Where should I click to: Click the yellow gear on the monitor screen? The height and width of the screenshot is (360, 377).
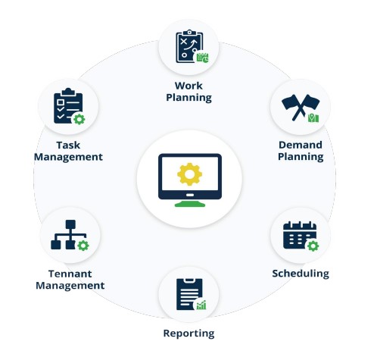pos(189,174)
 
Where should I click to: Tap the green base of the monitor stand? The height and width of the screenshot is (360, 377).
pos(190,204)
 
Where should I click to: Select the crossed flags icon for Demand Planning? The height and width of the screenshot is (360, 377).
pos(301,108)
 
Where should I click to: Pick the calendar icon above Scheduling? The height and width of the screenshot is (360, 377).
pos(300,235)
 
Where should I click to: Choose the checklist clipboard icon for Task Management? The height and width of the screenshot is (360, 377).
pos(68,106)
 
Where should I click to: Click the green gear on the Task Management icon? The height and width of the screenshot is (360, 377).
pos(79,119)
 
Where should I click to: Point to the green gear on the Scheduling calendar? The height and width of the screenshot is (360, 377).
pos(313,246)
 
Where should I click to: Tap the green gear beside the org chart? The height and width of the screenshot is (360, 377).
pos(83,246)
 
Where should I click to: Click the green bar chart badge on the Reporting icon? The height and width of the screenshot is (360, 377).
pos(201,305)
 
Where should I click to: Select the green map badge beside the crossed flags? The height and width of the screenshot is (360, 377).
pos(313,118)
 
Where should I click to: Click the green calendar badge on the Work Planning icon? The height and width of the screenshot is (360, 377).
pos(203,58)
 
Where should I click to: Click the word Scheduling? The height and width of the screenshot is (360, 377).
pos(301,274)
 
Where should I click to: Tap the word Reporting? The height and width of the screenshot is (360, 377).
pos(189,333)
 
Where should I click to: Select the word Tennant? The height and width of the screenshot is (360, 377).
pos(70,274)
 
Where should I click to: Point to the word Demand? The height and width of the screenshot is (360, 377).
pos(301,145)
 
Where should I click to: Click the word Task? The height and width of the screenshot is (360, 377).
pos(68,146)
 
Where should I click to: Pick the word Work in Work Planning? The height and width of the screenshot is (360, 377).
pos(188,86)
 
